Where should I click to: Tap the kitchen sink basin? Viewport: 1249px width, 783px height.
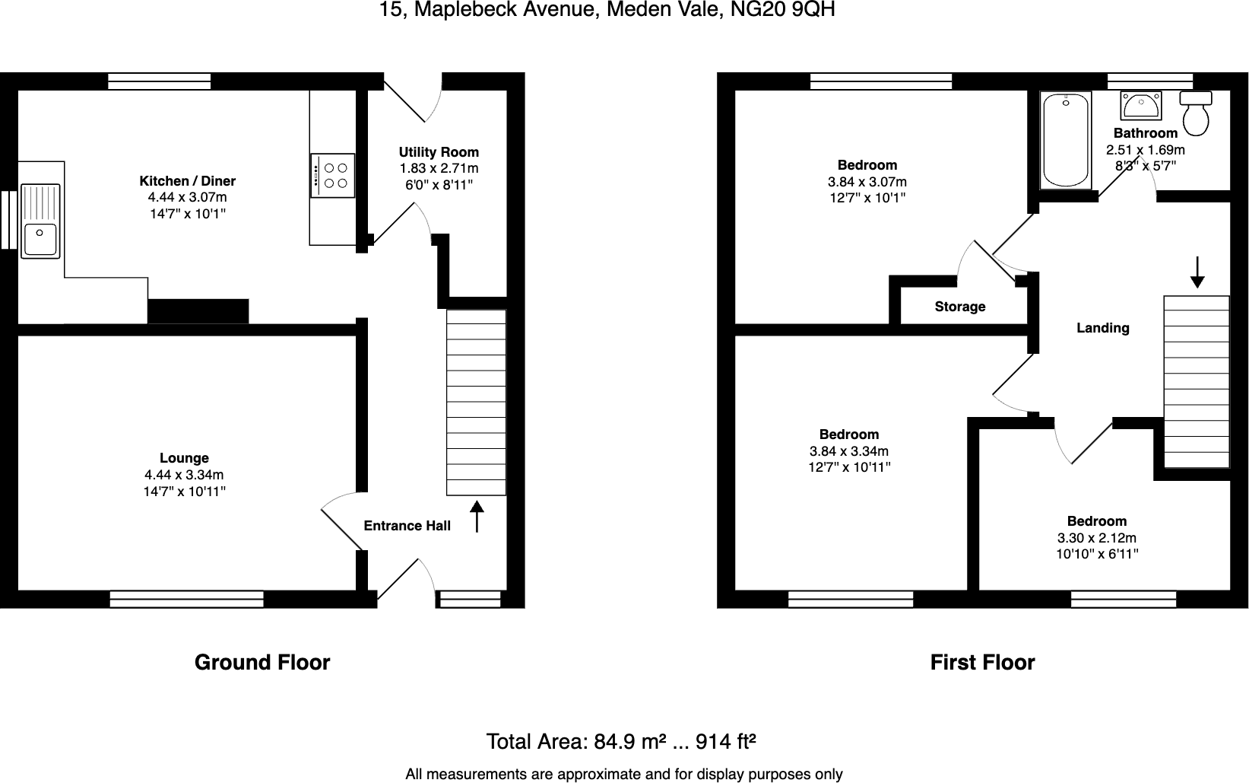[40, 240]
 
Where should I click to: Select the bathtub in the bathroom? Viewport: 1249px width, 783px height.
[1066, 140]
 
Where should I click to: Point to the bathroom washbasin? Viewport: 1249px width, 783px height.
[1140, 106]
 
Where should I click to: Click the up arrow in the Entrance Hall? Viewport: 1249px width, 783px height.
[477, 516]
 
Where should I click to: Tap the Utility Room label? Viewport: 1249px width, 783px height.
[439, 152]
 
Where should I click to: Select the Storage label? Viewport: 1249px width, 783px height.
[959, 307]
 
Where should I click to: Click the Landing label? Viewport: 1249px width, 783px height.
[1102, 328]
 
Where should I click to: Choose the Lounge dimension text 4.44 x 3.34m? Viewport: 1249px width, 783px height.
[184, 475]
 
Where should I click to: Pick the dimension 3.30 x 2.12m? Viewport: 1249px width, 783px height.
[1096, 538]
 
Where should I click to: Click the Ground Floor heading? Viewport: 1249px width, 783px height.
[262, 663]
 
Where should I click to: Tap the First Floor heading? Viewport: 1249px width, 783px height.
[982, 663]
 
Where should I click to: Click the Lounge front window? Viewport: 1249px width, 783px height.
[186, 600]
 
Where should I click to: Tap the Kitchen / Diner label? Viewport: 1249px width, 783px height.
[187, 181]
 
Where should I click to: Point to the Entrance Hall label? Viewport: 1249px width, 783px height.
[407, 526]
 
